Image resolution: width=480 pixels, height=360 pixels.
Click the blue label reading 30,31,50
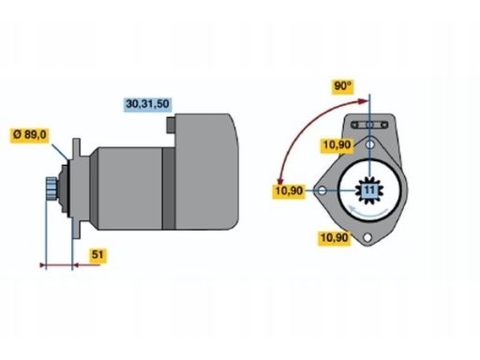(x=149, y=102)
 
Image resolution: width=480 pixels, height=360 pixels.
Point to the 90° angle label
(x=342, y=86)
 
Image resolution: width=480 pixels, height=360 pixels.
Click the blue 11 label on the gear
(x=369, y=190)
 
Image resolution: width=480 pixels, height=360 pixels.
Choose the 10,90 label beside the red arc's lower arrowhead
(x=290, y=191)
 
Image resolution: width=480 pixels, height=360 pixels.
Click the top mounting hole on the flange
(x=372, y=143)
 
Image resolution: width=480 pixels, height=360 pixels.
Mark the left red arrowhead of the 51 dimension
(x=43, y=265)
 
